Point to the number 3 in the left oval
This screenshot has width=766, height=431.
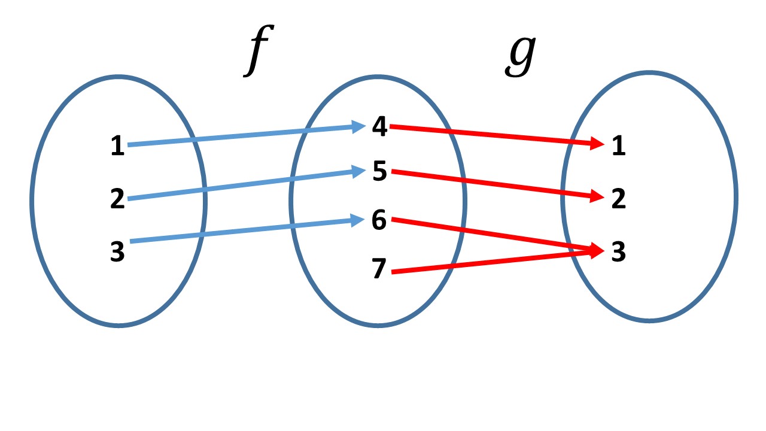tap(118, 252)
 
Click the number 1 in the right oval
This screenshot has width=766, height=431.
tap(618, 146)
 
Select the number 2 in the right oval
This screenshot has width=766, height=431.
tap(618, 199)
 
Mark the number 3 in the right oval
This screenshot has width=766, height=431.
tap(618, 252)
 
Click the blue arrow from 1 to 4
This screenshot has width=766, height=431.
tap(239, 136)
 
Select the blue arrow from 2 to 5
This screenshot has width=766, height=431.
tap(239, 185)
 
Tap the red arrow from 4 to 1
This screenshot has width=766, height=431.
tap(491, 135)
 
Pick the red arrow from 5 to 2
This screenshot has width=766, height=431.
tap(491, 184)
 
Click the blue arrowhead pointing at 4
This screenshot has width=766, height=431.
tap(358, 126)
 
